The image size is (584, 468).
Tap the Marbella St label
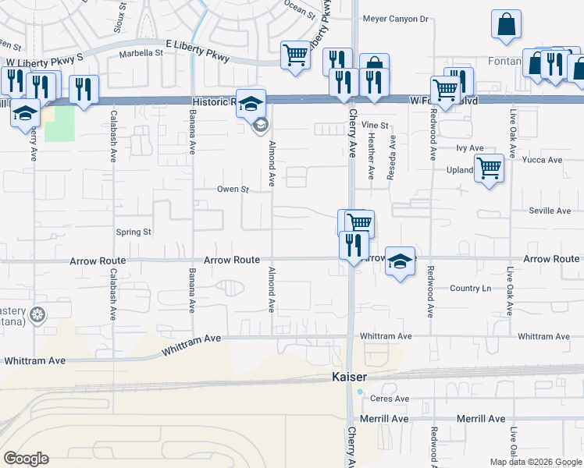141,54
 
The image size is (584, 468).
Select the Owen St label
232,189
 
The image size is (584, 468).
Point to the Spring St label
133,232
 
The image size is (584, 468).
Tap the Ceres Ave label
390,399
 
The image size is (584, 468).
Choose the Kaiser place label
344,377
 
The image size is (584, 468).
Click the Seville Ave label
550,211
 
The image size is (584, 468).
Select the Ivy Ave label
470,147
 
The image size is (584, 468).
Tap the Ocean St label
300,9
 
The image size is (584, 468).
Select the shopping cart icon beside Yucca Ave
489,167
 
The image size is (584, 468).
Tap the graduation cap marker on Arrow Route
401,263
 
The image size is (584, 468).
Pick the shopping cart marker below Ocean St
295,55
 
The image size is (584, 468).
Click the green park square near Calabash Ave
59,123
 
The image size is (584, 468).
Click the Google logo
26,459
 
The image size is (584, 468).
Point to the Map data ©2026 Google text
535,462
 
